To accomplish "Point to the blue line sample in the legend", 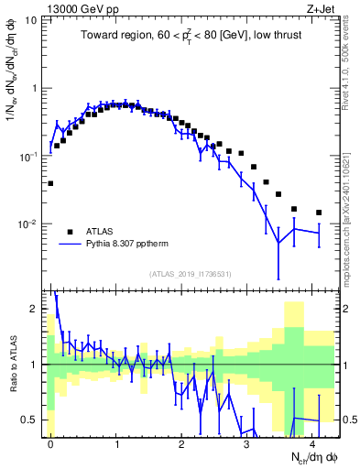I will click(x=70, y=245).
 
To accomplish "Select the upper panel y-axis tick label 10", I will click(x=30, y=20).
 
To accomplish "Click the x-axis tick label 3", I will click(x=247, y=443).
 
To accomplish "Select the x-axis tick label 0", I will click(x=50, y=443).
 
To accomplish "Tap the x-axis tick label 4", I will click(x=312, y=443).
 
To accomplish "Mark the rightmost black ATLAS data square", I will click(x=319, y=213).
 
